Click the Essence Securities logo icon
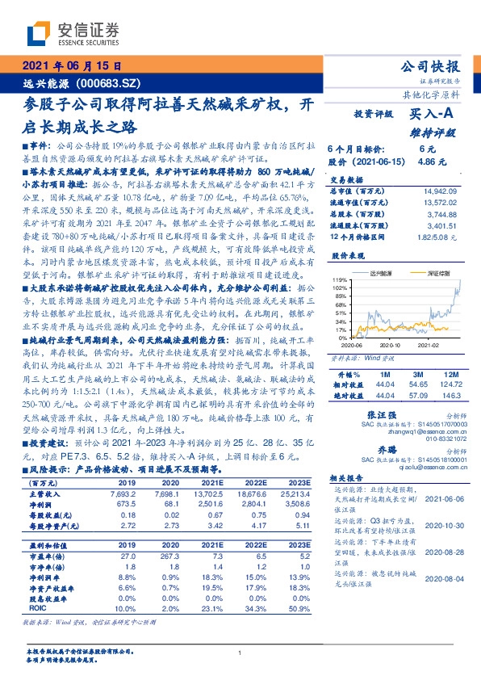(x=40, y=34)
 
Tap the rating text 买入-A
(x=434, y=115)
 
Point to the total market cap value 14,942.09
(x=441, y=190)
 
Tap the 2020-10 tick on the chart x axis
(x=390, y=344)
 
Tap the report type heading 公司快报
(x=431, y=67)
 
